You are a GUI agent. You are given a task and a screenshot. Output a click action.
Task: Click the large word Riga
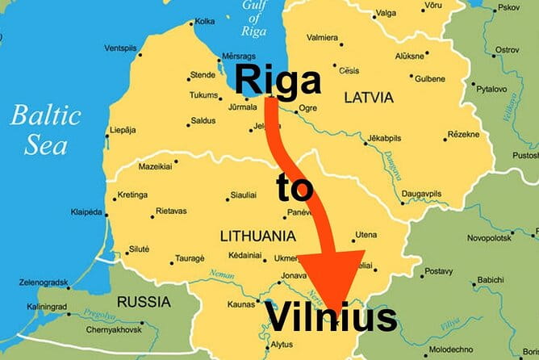click(x=278, y=82)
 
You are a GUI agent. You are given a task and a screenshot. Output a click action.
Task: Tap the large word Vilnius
click(x=331, y=317)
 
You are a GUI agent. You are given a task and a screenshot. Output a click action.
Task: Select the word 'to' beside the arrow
click(x=294, y=188)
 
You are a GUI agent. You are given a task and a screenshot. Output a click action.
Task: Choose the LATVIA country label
click(x=369, y=98)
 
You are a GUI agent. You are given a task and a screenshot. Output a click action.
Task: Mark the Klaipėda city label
click(x=87, y=212)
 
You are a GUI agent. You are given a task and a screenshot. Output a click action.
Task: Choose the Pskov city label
click(x=509, y=8)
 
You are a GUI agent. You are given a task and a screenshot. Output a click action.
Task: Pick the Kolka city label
click(x=205, y=21)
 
